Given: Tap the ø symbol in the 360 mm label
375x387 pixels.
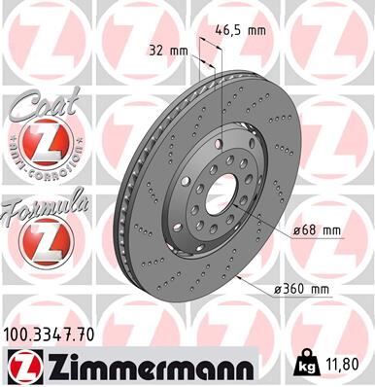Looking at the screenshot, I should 279,290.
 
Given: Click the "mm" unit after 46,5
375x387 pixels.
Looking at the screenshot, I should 256,30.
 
